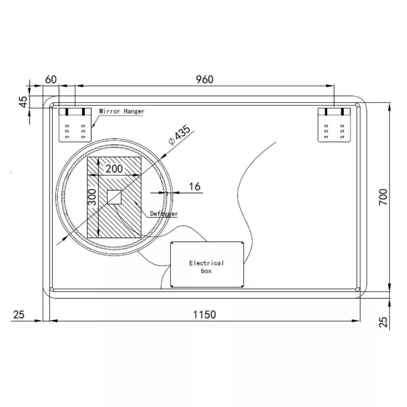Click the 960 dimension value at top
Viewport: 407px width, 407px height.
click(x=205, y=79)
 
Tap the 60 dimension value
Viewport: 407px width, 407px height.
click(x=50, y=79)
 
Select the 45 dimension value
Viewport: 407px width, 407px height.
click(x=23, y=102)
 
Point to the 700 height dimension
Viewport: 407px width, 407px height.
click(x=383, y=197)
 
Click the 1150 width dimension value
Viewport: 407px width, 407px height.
click(x=205, y=315)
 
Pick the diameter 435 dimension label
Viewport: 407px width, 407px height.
click(x=179, y=135)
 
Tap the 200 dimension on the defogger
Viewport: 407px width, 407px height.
click(x=114, y=169)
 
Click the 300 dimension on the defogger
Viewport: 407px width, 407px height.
click(x=92, y=197)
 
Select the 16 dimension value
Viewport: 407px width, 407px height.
click(x=195, y=186)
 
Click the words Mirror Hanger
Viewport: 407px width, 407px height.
click(x=122, y=111)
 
